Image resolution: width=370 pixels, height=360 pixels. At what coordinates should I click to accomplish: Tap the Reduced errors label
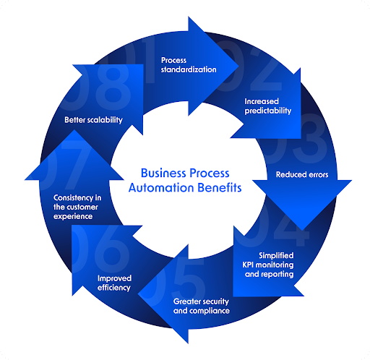click(301, 174)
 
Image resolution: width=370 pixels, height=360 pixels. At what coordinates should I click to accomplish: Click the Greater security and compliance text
click(201, 305)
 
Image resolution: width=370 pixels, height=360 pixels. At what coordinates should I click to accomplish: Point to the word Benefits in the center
click(215, 188)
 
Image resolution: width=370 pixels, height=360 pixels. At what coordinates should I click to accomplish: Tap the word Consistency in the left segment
click(77, 197)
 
